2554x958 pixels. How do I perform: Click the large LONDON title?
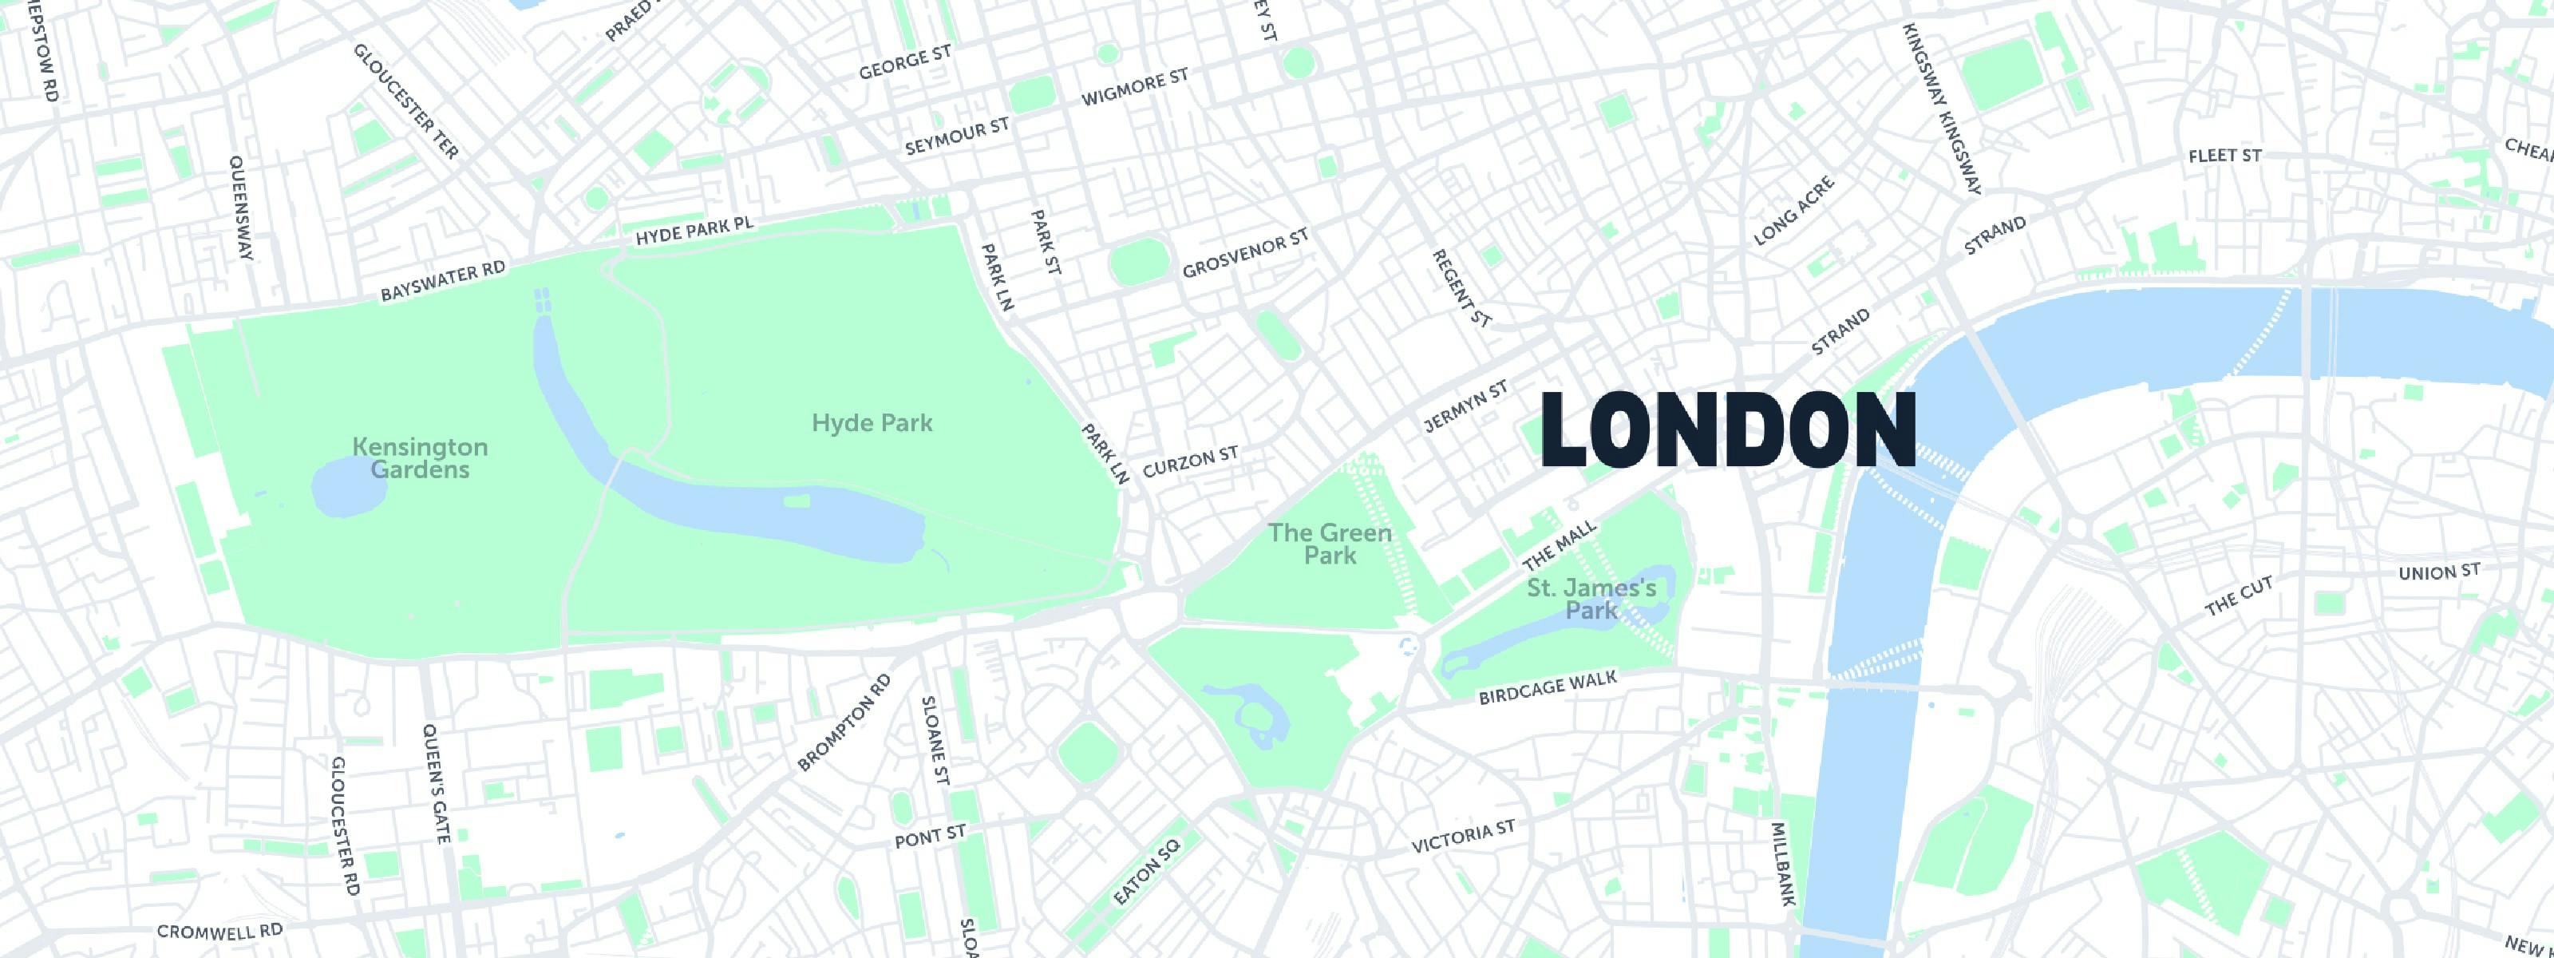1727,430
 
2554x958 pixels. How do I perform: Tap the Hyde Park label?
872,423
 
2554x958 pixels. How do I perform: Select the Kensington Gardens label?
419,457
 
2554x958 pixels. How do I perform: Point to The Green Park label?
1330,544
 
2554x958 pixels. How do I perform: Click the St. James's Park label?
1591,599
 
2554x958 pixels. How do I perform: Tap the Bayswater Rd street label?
442,281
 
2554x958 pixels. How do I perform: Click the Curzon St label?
1190,461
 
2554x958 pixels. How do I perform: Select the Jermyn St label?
1465,406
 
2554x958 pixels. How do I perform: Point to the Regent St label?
1461,287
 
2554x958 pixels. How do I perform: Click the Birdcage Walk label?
1547,687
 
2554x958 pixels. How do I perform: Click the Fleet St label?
2225,156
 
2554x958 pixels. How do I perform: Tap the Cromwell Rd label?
219,931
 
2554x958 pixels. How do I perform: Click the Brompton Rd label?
844,722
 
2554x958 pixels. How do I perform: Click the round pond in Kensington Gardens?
343,488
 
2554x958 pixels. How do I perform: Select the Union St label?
2439,572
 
